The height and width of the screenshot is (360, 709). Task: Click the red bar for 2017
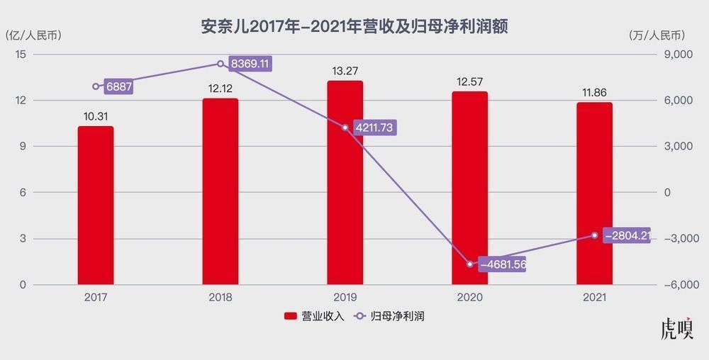96,206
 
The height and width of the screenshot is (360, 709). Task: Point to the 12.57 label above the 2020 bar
469,81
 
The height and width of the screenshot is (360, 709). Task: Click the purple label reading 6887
119,86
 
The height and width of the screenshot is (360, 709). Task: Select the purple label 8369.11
250,64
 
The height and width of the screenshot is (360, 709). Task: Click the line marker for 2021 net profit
594,235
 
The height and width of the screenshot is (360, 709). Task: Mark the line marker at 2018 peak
220,64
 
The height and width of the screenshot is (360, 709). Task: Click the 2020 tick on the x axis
469,298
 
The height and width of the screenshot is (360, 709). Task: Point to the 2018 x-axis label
220,298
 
